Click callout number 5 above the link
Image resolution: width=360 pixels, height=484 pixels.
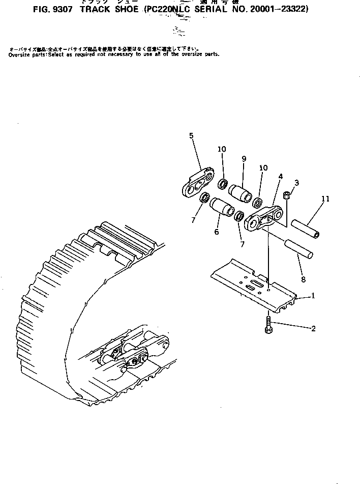[x=191, y=135]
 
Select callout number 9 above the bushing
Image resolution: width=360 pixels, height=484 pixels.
[x=244, y=159]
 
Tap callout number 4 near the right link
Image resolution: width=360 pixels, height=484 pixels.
[x=280, y=177]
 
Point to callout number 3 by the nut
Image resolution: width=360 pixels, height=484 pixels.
[x=297, y=183]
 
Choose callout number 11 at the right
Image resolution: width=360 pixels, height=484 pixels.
[x=325, y=199]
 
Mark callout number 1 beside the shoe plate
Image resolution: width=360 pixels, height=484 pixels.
[x=313, y=295]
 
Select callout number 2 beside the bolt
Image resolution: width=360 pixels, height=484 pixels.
[x=313, y=329]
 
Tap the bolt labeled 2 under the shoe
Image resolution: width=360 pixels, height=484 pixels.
[x=268, y=325]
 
